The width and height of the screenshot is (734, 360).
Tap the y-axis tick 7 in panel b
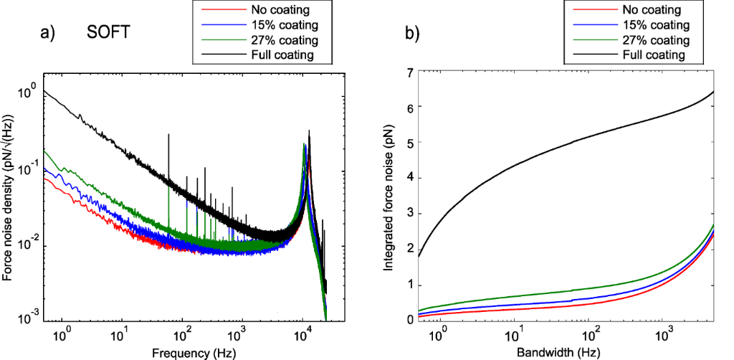(x=409, y=72)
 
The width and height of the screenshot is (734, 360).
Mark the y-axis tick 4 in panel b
(x=409, y=179)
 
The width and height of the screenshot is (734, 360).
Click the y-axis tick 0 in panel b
(x=409, y=320)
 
